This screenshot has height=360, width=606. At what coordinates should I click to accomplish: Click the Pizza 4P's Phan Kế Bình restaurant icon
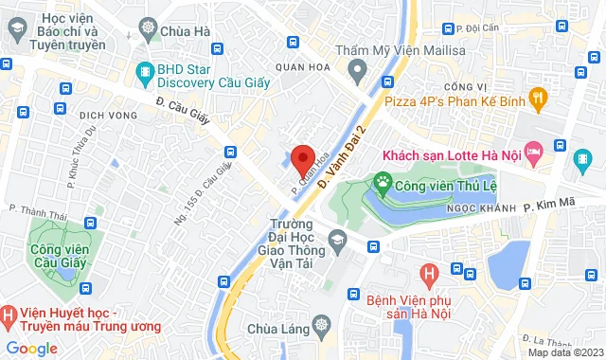[538, 96]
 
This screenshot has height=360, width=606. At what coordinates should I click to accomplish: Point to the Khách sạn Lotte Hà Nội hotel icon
[534, 151]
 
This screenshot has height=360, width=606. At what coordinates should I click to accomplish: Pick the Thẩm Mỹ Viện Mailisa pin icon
[356, 68]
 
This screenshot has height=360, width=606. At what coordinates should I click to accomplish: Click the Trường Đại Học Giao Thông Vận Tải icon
[336, 245]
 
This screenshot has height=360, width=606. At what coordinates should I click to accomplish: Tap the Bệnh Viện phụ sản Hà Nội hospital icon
[430, 275]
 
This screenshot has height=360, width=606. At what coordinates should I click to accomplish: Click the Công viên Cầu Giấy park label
[58, 256]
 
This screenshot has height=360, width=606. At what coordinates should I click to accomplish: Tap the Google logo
[30, 348]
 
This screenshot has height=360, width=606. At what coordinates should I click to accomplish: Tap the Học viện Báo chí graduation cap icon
[15, 30]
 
